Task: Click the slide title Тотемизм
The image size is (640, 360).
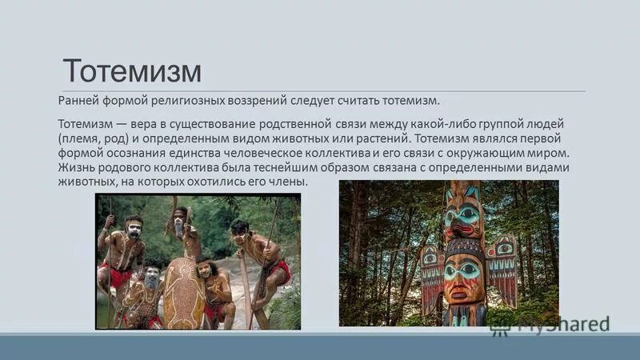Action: tap(132, 70)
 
